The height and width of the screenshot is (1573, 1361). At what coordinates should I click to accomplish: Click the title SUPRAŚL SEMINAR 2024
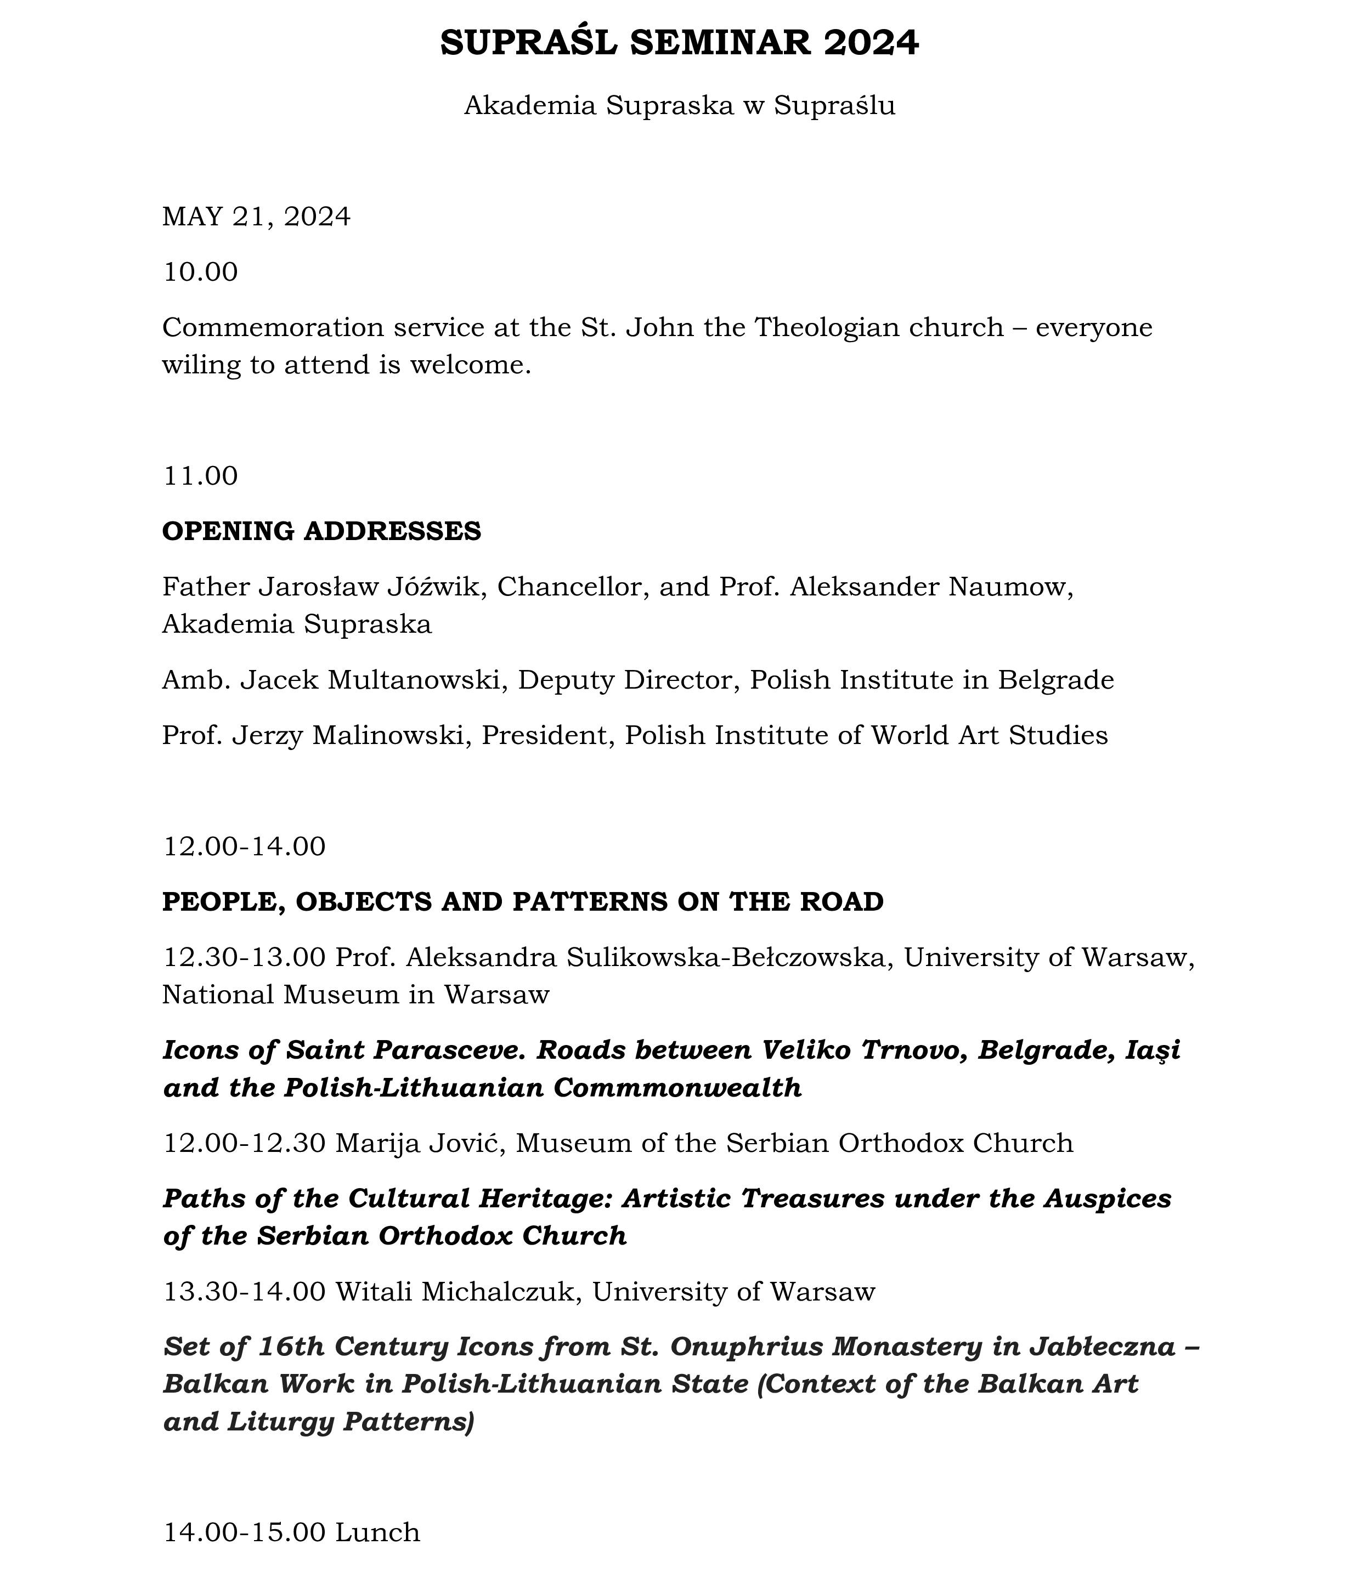(680, 43)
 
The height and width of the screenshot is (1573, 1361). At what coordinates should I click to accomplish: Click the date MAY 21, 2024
(257, 217)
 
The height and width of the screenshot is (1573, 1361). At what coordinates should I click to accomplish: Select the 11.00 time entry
(201, 476)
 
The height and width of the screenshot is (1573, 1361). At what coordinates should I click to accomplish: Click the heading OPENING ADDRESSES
(321, 531)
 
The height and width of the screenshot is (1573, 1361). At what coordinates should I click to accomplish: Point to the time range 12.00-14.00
(244, 847)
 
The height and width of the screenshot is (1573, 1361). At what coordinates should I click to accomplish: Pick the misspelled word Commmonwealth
(677, 1088)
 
